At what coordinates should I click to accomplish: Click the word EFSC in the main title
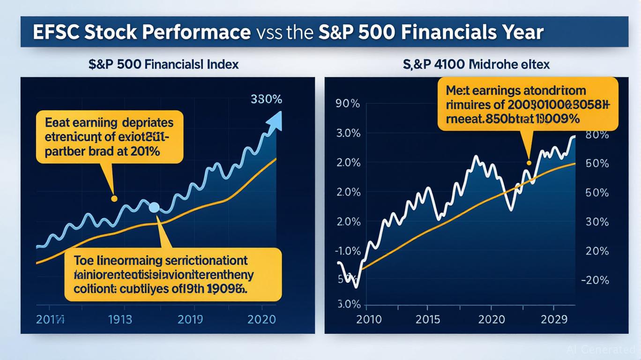click(56, 32)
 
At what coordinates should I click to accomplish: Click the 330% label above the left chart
click(266, 99)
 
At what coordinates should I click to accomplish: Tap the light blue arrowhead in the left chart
click(275, 120)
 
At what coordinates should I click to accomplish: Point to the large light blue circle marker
click(154, 208)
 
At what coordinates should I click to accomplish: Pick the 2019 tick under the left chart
click(190, 319)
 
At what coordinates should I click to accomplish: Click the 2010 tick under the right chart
click(369, 319)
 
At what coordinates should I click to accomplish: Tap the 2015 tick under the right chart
click(427, 319)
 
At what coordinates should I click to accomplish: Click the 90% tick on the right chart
click(348, 104)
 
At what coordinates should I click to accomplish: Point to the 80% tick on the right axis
click(597, 135)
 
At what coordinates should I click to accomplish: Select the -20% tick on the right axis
click(595, 280)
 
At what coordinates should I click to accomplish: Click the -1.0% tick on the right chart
click(348, 251)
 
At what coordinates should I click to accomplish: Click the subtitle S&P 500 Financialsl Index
click(164, 64)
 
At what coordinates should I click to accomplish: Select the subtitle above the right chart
click(476, 64)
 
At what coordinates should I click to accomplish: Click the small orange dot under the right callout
click(529, 163)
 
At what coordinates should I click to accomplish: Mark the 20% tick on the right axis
click(597, 251)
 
